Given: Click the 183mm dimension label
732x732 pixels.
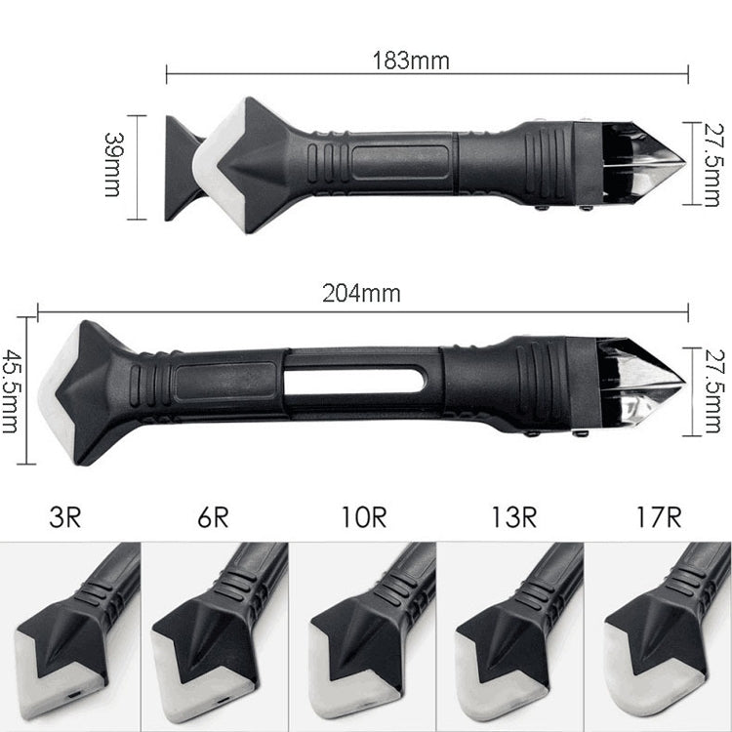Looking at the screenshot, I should click(410, 60).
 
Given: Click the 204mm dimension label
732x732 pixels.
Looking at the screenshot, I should click(359, 292).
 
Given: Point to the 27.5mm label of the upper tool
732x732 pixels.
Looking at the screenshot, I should click(715, 163).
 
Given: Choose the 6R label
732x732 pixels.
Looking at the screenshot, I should click(212, 515).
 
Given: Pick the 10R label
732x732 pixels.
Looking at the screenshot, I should click(364, 515).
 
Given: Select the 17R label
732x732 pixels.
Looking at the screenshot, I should click(660, 515).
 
